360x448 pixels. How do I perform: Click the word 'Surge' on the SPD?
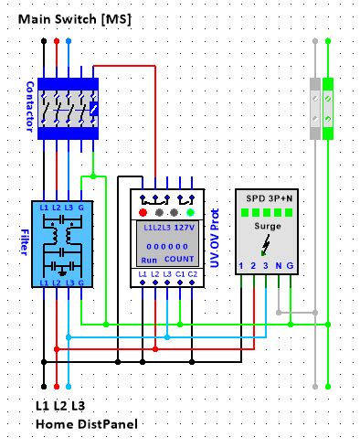coord(266,225)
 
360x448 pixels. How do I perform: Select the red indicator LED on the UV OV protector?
coord(143,211)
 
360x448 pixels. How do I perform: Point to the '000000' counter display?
coord(165,247)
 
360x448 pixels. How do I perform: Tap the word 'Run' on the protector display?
coord(146,261)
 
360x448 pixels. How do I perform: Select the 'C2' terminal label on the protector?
coord(191,275)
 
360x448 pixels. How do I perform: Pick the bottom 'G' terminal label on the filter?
coord(81,284)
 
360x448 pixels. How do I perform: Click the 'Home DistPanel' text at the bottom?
coord(80,424)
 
